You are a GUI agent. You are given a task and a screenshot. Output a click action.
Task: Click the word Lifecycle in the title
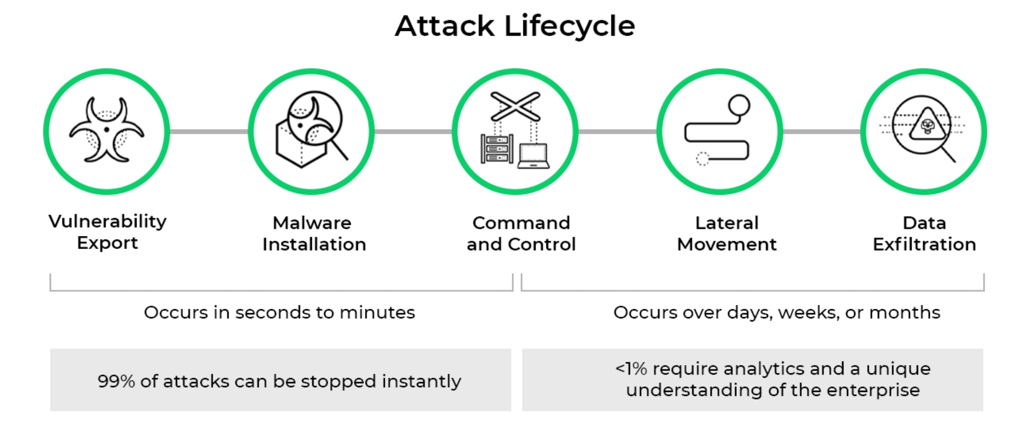click(569, 26)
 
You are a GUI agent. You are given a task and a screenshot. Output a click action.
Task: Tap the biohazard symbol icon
click(107, 130)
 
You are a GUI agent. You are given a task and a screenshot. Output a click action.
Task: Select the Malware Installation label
click(314, 233)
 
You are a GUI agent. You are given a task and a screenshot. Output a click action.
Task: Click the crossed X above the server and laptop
click(515, 106)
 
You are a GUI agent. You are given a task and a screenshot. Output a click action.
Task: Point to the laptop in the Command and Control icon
click(533, 156)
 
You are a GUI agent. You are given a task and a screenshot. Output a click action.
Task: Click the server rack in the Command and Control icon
click(497, 149)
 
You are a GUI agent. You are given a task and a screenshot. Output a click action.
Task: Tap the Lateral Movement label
click(726, 233)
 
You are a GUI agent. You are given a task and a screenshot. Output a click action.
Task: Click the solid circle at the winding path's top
click(739, 106)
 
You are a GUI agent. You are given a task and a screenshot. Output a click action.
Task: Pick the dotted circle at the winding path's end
click(702, 159)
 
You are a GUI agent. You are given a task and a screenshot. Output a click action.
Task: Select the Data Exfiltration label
click(924, 233)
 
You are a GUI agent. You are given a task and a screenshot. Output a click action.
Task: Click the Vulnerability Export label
click(107, 232)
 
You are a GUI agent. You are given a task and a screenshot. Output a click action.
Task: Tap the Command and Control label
click(521, 233)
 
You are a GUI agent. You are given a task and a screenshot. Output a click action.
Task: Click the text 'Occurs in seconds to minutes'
click(279, 312)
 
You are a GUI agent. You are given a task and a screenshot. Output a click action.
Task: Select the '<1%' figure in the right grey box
click(630, 369)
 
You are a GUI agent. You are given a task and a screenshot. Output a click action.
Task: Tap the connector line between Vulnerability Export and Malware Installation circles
click(209, 131)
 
